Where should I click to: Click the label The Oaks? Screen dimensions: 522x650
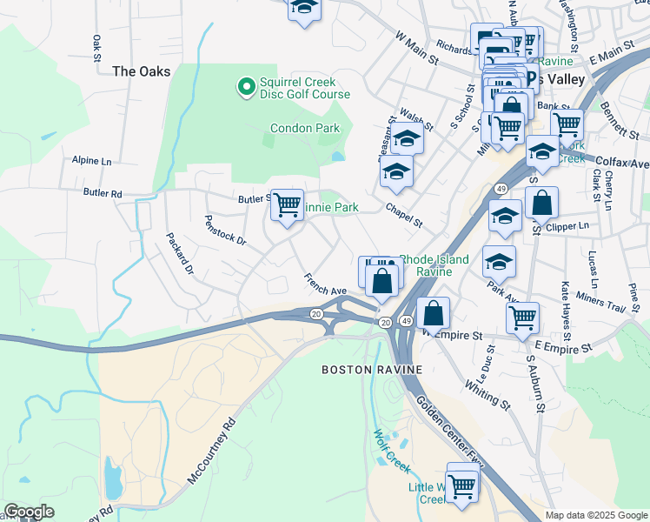pyautogui.click(x=142, y=71)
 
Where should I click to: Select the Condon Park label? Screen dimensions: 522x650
pyautogui.click(x=304, y=128)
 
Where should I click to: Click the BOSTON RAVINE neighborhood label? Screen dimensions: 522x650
pyautogui.click(x=372, y=370)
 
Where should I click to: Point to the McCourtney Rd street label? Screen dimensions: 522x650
pyautogui.click(x=210, y=452)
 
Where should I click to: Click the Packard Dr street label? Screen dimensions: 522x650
pyautogui.click(x=179, y=253)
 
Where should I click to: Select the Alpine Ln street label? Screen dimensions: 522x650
pyautogui.click(x=92, y=161)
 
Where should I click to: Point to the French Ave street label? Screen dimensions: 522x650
pyautogui.click(x=325, y=284)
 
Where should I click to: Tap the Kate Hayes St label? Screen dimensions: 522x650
pyautogui.click(x=566, y=311)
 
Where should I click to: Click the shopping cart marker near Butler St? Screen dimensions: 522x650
pyautogui.click(x=288, y=205)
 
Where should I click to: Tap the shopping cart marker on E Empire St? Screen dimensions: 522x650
pyautogui.click(x=522, y=318)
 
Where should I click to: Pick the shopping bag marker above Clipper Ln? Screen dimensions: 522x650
pyautogui.click(x=541, y=203)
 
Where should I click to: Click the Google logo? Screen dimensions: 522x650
pyautogui.click(x=30, y=512)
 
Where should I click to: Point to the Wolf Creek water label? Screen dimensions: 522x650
pyautogui.click(x=391, y=450)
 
